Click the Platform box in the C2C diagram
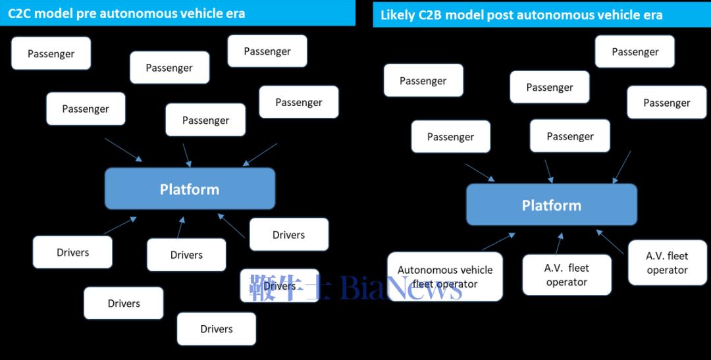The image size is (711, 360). coord(190,189)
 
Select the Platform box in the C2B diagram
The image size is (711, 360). coord(552,205)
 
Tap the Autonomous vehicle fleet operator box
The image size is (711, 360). coord(445,276)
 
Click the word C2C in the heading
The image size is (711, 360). coord(21,13)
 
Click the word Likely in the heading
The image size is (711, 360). coord(398,15)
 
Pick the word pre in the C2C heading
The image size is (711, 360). coord(88,13)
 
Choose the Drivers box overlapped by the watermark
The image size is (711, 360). coord(280,286)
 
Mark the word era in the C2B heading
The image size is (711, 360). coord(652,15)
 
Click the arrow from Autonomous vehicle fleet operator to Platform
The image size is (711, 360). coord(498,241)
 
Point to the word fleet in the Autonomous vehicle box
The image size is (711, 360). coord(426,284)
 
